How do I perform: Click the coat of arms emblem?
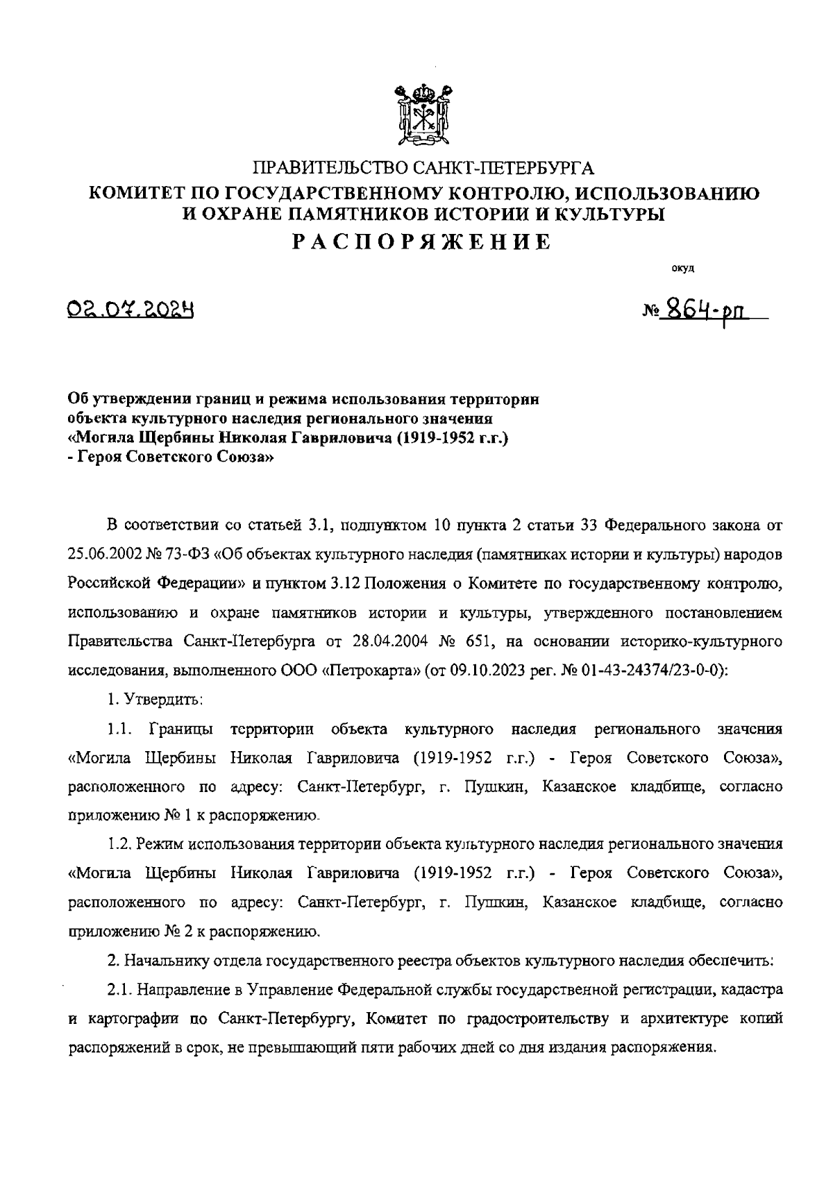tap(423, 115)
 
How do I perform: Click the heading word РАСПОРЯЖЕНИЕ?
tap(422, 241)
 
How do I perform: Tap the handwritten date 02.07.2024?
tap(130, 308)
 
